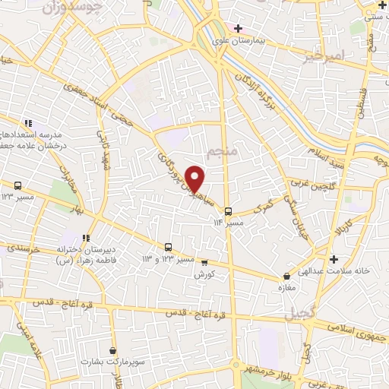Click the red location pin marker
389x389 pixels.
pos(195,179)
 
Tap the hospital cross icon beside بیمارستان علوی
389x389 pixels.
pos(238,28)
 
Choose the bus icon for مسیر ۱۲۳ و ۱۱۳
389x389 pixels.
pos(168,247)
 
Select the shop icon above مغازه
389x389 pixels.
pos(286,277)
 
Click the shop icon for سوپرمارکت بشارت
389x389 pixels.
pos(113,351)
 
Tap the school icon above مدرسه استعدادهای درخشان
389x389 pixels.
pos(28,123)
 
